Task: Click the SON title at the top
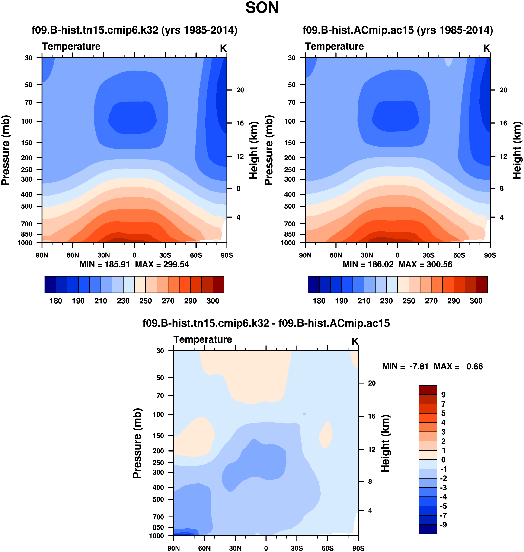click(262, 8)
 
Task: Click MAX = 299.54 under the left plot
click(162, 264)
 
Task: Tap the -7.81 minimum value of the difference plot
click(419, 366)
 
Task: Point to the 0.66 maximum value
click(475, 366)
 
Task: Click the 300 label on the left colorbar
click(213, 301)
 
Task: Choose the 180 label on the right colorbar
click(319, 301)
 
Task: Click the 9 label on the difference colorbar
click(443, 395)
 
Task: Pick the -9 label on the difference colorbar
click(443, 525)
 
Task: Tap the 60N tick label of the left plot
click(73, 255)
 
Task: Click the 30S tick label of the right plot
click(428, 255)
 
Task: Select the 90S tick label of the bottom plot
click(358, 548)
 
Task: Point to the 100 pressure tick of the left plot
click(27, 121)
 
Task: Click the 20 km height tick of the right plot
click(503, 90)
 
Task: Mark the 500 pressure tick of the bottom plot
click(158, 499)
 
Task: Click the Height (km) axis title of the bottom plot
click(385, 443)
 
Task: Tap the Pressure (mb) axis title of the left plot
click(6, 150)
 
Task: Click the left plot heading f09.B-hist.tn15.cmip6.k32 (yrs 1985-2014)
click(134, 30)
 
